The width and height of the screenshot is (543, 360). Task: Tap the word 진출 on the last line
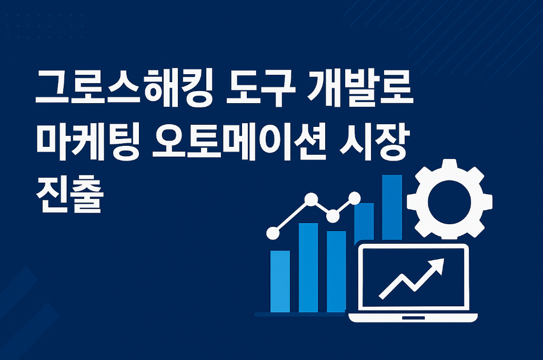tap(68, 192)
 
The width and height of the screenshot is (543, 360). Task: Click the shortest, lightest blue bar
tap(280, 282)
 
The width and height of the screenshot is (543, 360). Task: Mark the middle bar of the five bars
tap(336, 271)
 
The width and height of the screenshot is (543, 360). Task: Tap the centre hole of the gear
tap(450, 202)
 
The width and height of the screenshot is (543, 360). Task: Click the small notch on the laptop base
tap(413, 318)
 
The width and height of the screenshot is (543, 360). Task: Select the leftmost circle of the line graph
tap(273, 232)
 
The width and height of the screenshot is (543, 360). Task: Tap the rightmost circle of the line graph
tap(355, 198)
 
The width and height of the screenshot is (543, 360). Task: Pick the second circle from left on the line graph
tap(311, 199)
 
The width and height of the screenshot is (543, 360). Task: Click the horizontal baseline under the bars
tap(300, 315)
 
